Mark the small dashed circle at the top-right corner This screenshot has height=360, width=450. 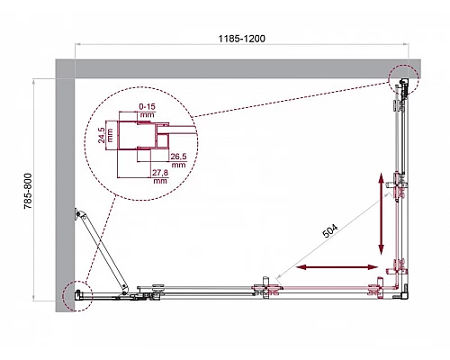(403, 80)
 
